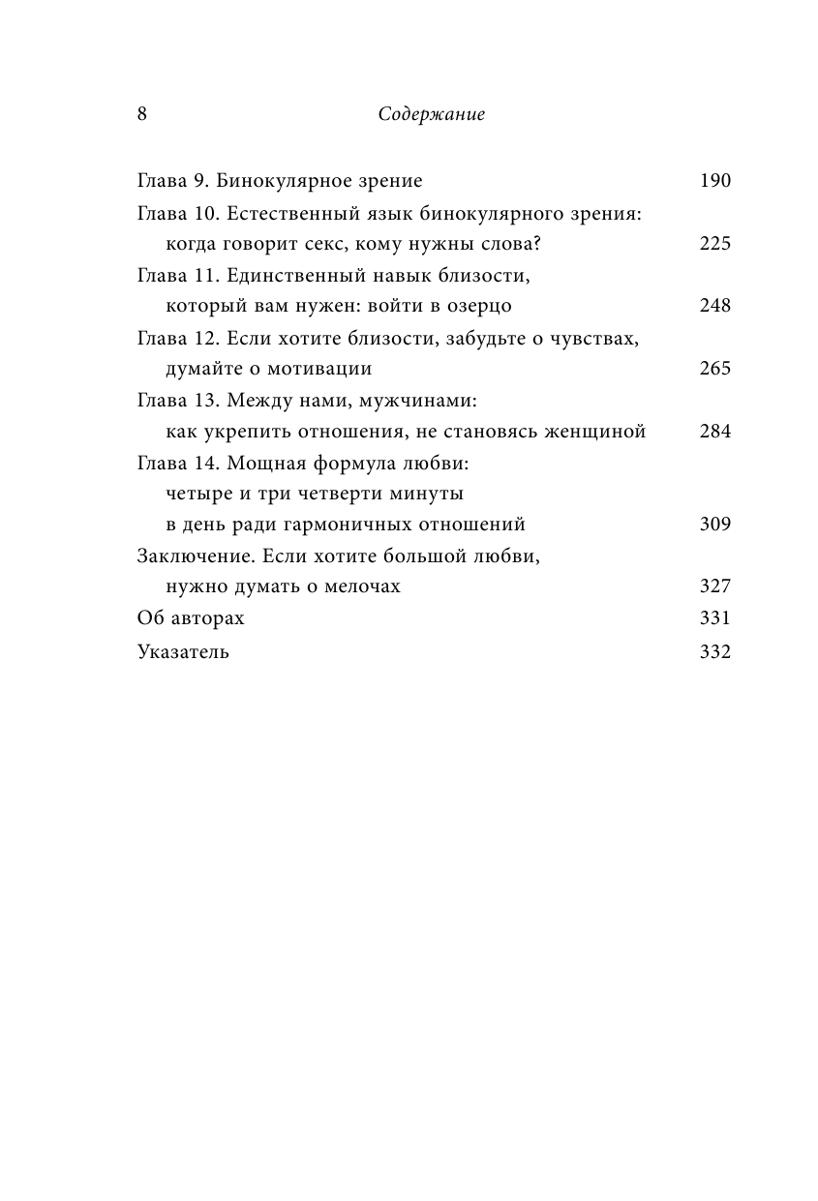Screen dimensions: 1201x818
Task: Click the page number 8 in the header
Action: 142,114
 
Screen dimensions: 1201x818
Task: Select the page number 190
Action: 714,180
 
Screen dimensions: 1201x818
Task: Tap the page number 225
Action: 714,243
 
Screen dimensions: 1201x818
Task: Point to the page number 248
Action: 714,306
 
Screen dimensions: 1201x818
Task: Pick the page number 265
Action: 714,369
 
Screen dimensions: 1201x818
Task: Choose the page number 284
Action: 714,432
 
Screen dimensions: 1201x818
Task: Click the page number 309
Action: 714,525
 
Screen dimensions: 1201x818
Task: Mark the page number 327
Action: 714,587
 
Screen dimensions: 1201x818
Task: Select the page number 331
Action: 714,619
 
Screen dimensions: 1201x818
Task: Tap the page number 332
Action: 714,651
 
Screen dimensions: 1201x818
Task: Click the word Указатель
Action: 184,651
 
